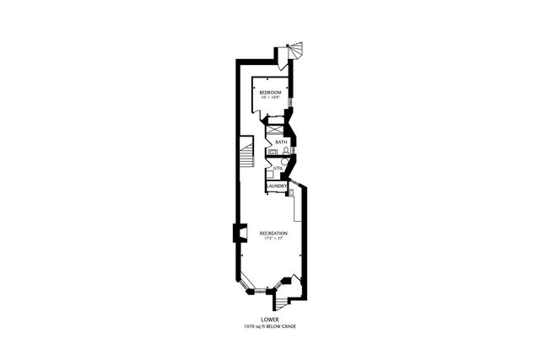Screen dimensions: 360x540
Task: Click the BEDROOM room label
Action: click(270, 92)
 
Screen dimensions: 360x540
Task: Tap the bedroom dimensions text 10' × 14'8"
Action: click(270, 98)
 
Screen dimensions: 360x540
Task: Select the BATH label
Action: click(281, 142)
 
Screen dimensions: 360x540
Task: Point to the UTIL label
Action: click(277, 168)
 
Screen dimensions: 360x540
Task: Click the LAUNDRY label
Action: click(278, 185)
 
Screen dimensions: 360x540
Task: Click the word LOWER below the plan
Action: click(270, 320)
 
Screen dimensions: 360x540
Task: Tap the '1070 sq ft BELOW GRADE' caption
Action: click(270, 326)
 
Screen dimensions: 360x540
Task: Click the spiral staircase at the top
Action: click(296, 52)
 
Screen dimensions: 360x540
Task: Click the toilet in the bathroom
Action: click(286, 151)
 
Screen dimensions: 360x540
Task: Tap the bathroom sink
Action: click(273, 152)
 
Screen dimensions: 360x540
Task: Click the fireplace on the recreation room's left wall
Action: click(236, 233)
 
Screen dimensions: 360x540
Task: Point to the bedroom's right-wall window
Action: click(291, 103)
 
